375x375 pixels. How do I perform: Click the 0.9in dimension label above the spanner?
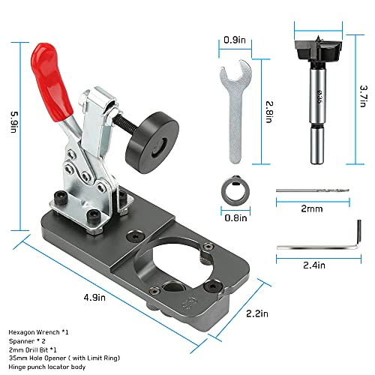coord(234,39)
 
